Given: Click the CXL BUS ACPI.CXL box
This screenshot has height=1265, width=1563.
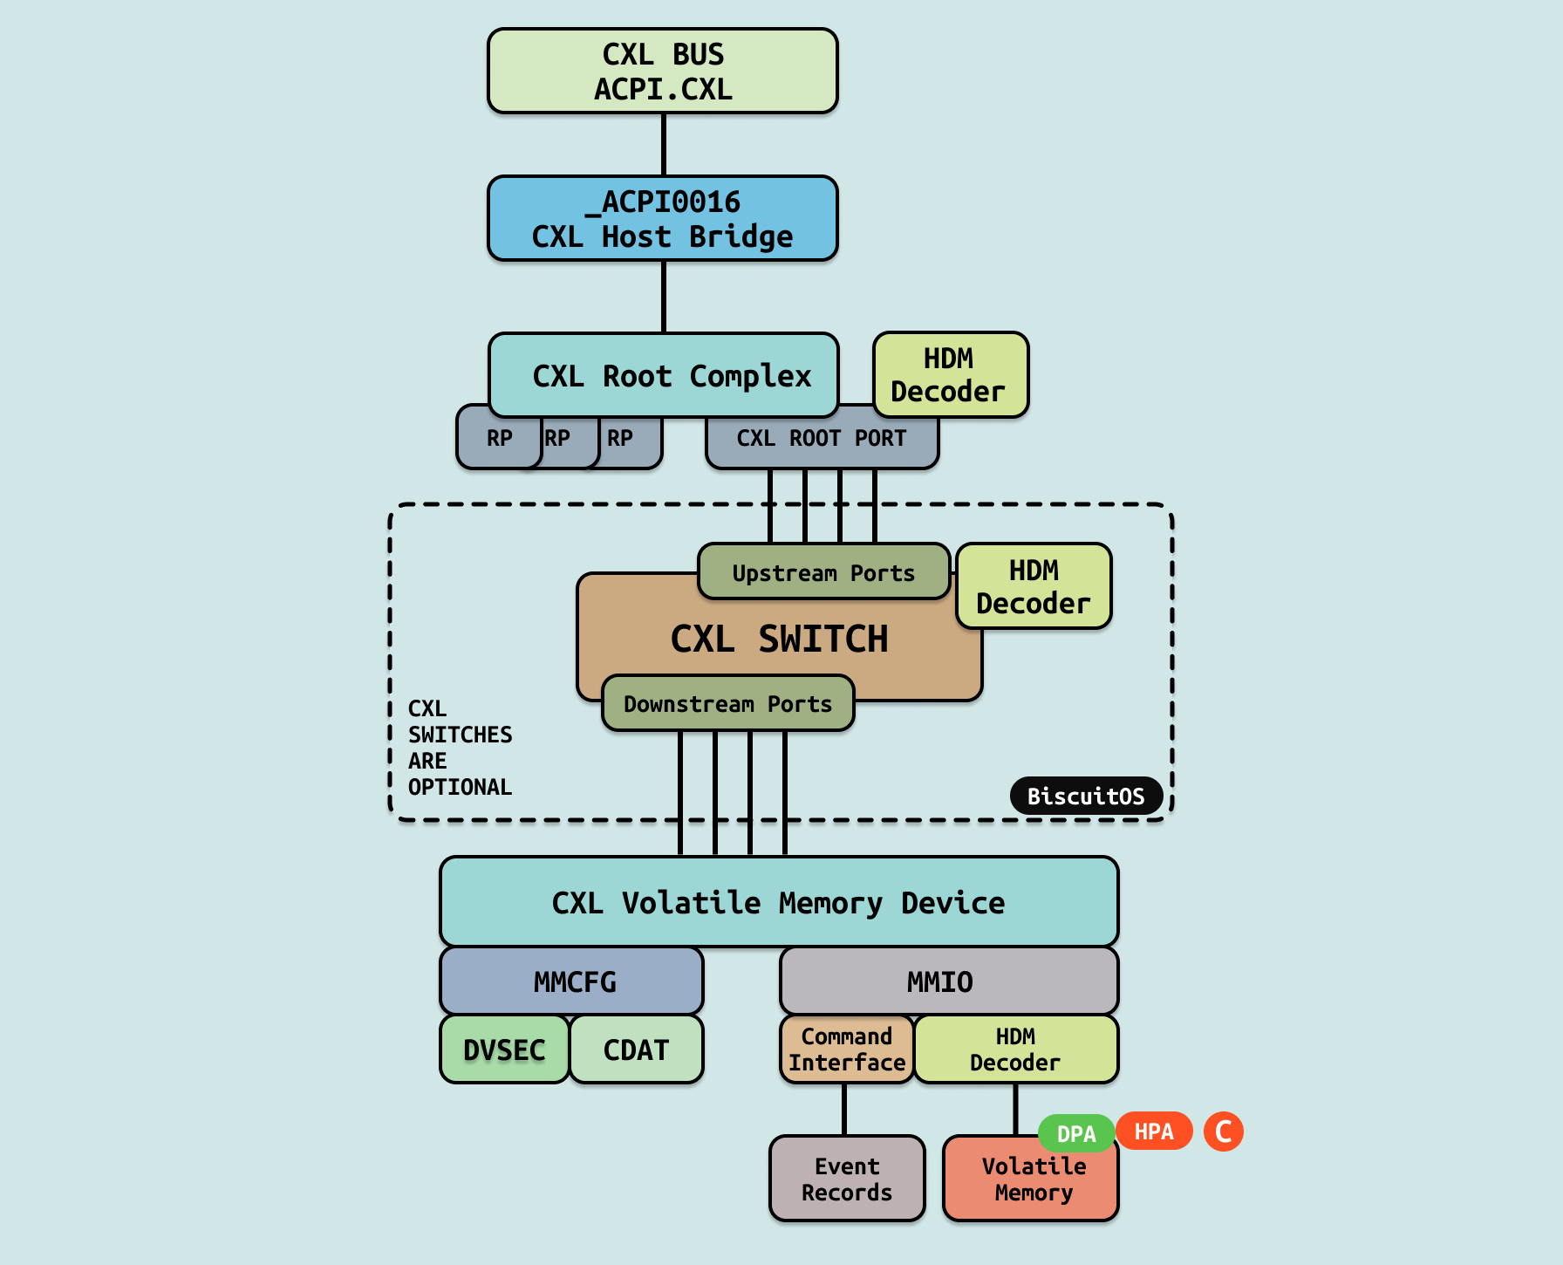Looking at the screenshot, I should [x=663, y=72].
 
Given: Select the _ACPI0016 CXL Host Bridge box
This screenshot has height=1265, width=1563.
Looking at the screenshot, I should [x=663, y=219].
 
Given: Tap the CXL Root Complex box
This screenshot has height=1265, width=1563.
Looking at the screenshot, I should [x=664, y=376].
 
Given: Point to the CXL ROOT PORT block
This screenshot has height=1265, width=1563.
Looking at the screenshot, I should [x=822, y=439].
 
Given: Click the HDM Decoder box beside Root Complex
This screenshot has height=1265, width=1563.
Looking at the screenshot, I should [x=951, y=375].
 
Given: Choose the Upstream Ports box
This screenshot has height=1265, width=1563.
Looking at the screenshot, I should [x=823, y=572].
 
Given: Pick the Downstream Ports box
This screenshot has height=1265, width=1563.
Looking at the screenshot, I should [x=727, y=703].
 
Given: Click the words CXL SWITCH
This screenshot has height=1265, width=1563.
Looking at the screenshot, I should [x=779, y=639].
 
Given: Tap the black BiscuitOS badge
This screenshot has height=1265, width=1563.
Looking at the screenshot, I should [x=1086, y=796].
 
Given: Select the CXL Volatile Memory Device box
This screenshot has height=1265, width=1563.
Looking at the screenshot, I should [x=779, y=902].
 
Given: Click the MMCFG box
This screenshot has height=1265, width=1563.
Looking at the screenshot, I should [x=572, y=981].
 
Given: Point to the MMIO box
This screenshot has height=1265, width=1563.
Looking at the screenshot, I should [x=949, y=981].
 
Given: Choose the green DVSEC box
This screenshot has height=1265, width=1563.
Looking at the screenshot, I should [x=505, y=1050].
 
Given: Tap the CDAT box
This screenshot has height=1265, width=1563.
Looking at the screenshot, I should [x=637, y=1050].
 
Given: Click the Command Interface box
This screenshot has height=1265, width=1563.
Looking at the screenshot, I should [x=847, y=1050].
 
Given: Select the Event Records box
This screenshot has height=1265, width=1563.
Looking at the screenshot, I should [x=847, y=1180].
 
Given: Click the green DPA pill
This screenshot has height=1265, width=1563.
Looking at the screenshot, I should [x=1076, y=1133].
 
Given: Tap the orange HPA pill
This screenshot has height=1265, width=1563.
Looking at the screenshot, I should [x=1154, y=1132].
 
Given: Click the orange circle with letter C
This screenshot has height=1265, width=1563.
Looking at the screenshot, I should [x=1224, y=1132].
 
